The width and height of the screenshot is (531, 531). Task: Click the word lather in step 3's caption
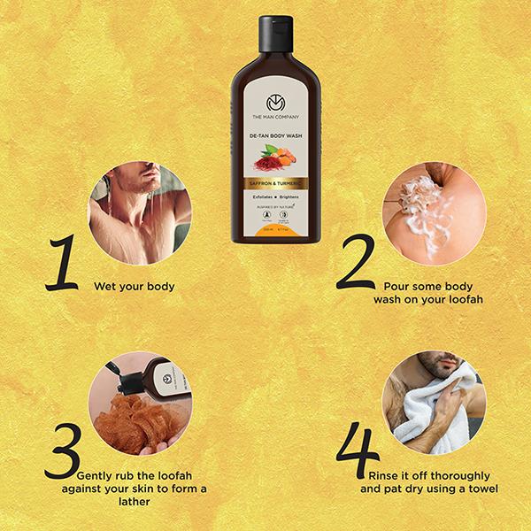click(123, 501)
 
